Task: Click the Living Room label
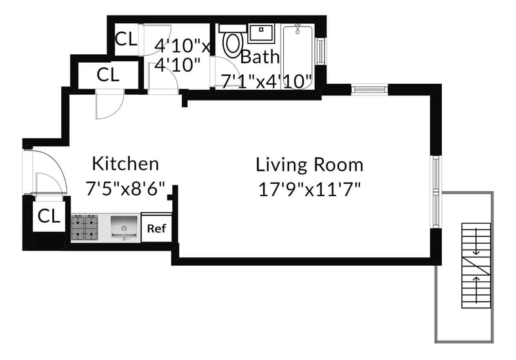[310, 165]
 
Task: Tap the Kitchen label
[125, 163]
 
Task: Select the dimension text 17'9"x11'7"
[310, 190]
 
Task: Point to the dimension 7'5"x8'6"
[125, 188]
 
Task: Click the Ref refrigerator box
[157, 228]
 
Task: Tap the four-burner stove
[84, 227]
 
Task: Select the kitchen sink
[124, 226]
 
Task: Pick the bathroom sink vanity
[261, 34]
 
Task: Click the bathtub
[298, 57]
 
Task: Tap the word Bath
[260, 57]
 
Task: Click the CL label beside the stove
[49, 216]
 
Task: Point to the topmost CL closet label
[126, 39]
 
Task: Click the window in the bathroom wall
[321, 51]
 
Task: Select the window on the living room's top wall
[369, 90]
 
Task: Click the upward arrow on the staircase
[476, 285]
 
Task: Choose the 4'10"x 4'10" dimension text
[182, 55]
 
